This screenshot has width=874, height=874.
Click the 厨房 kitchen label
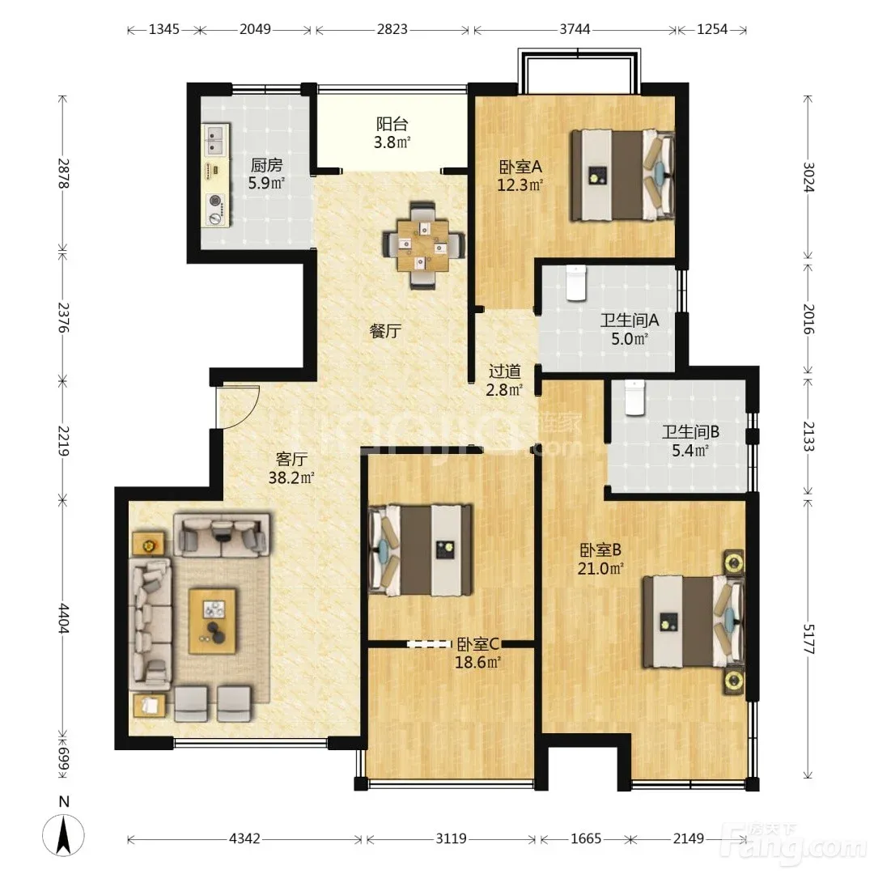[x=266, y=165]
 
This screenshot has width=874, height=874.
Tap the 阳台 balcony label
[x=392, y=124]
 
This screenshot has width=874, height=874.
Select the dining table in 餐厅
[x=423, y=245]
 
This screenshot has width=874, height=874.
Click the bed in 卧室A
[x=622, y=175]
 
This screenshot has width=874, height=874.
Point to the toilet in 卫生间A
[x=576, y=283]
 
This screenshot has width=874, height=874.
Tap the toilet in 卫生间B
[x=634, y=397]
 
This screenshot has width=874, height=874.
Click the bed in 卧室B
[x=694, y=622]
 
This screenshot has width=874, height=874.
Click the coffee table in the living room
[x=213, y=621]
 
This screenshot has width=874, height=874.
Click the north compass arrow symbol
[x=64, y=834]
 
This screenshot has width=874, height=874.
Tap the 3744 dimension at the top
[x=575, y=29]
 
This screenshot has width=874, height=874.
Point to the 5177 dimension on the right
[x=808, y=639]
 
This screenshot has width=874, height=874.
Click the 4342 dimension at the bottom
[x=244, y=838]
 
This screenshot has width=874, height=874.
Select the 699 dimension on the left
[x=63, y=759]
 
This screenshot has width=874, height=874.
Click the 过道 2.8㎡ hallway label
[x=504, y=380]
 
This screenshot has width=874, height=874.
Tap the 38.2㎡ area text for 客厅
[x=291, y=477]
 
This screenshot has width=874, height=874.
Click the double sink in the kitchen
[x=215, y=139]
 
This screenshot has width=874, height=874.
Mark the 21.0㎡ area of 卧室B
[x=600, y=568]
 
